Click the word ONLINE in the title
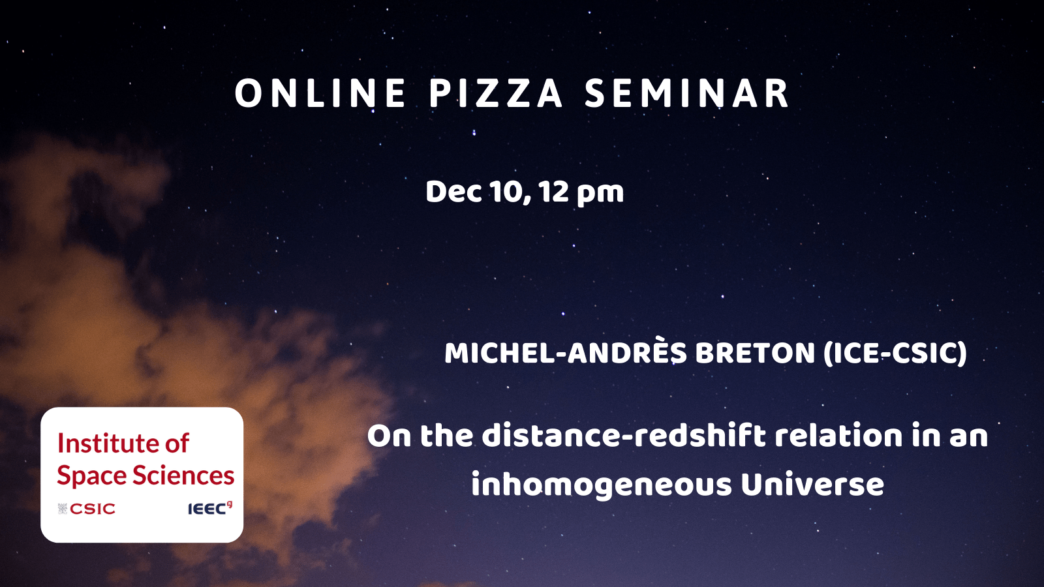[x=320, y=93]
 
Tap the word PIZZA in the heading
[x=496, y=93]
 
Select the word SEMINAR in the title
[x=687, y=93]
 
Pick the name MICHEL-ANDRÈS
[x=566, y=353]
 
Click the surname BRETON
[x=755, y=354]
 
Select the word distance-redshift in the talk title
[x=624, y=436]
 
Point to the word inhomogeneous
[x=601, y=485]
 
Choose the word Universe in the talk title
[x=812, y=485]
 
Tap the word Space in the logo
[x=91, y=476]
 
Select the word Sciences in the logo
[x=183, y=475]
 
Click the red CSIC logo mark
[x=87, y=509]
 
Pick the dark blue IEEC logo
[x=209, y=508]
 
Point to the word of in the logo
[x=177, y=443]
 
